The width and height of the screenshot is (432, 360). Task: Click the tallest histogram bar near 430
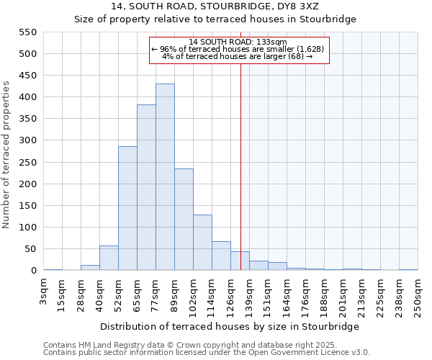point(165,177)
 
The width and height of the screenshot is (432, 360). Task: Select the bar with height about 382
point(146,187)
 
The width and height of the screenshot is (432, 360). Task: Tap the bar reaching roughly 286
point(127,208)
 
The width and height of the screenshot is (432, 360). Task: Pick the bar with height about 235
point(184,220)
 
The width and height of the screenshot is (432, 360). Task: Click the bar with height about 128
point(202,243)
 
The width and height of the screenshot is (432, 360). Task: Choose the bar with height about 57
point(109,258)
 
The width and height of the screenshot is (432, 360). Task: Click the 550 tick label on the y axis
point(27,32)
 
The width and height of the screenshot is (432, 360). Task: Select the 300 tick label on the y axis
point(27,141)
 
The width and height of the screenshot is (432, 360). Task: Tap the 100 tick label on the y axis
point(27,228)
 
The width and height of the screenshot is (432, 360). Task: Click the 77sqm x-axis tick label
point(156,294)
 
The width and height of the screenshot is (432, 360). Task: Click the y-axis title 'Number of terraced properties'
point(6,155)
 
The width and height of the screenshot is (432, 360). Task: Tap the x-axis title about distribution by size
point(230,326)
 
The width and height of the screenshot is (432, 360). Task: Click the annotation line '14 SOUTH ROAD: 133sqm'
point(238,42)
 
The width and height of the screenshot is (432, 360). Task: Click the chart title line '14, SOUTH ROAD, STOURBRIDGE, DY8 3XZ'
point(215,6)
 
